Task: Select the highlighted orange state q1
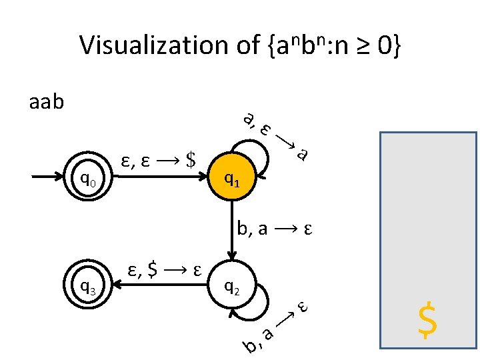232,178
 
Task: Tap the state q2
232,287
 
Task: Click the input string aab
47,103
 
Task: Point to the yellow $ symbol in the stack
427,321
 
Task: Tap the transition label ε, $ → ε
164,271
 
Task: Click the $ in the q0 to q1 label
192,160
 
